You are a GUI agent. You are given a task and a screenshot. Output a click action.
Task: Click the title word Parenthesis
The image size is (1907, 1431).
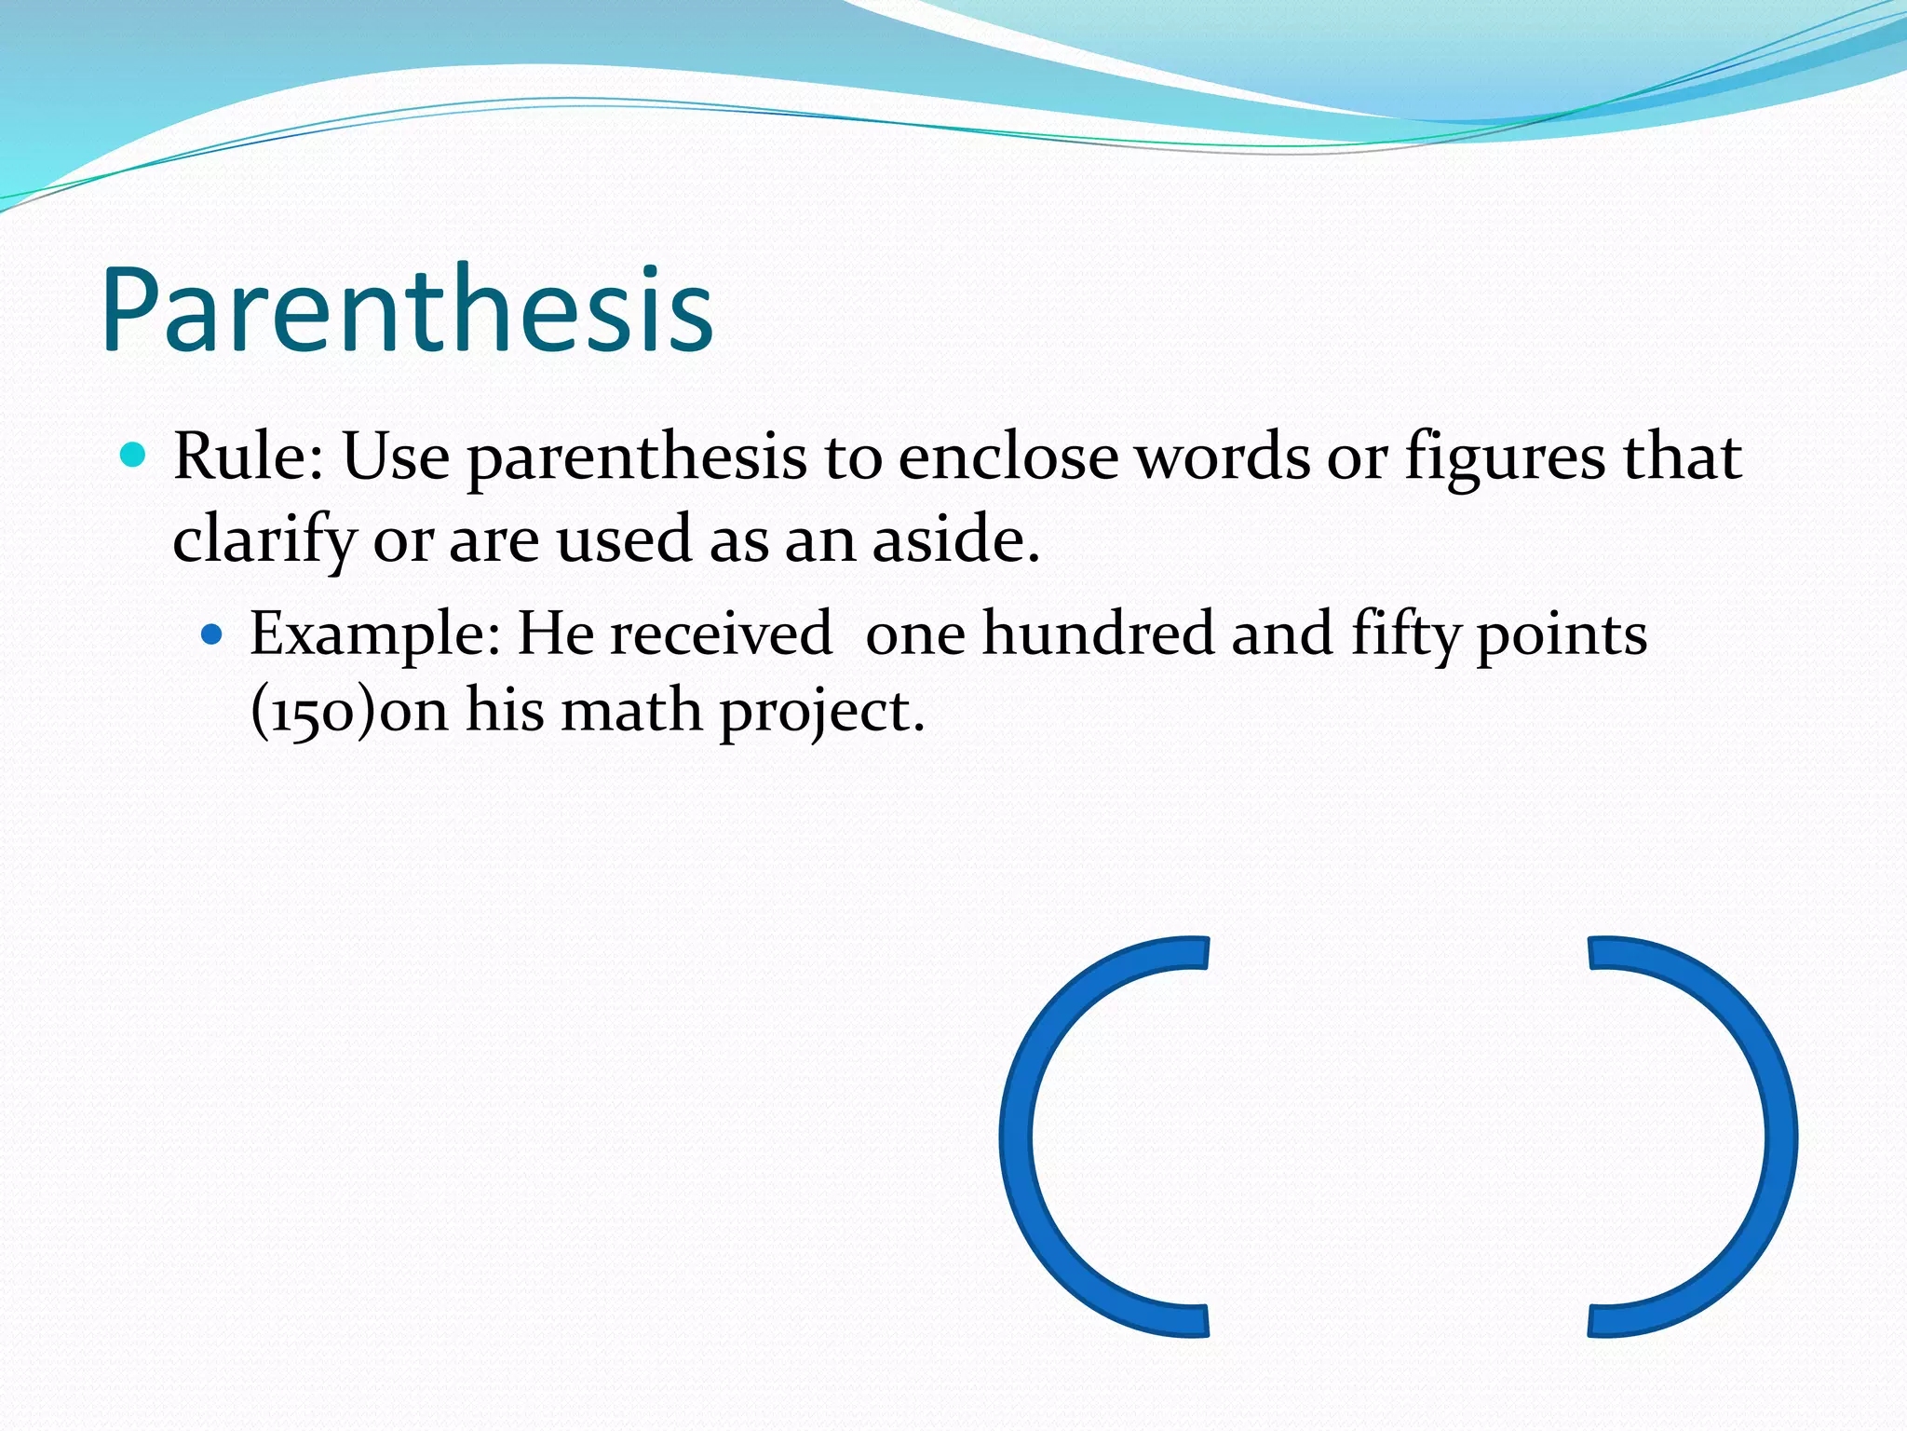407,310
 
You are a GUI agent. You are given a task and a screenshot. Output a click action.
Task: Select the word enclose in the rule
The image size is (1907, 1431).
1008,457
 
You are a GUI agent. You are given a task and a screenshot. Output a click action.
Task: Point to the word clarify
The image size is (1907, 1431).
264,541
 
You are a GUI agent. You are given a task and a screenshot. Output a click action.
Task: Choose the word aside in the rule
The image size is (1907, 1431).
955,539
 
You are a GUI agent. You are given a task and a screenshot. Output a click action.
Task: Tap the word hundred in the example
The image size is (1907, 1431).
1099,634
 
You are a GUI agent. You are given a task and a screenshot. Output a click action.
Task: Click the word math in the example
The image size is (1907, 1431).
631,711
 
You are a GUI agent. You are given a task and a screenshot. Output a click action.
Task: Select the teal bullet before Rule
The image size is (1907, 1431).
134,456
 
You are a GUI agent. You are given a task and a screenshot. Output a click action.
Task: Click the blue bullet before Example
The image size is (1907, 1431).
212,635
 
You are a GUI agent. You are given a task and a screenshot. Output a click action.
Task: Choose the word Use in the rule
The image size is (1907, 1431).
396,457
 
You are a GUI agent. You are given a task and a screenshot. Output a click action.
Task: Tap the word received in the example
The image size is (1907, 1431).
721,634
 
